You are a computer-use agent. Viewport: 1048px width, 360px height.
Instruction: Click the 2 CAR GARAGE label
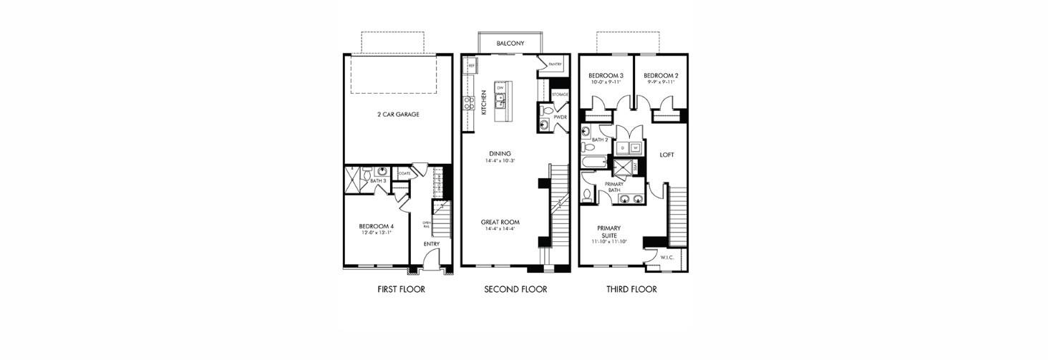398,115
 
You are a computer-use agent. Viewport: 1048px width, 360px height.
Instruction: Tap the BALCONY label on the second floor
510,44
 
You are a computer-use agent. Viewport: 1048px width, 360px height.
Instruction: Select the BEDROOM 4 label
377,226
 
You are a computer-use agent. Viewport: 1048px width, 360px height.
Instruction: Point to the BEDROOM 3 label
606,76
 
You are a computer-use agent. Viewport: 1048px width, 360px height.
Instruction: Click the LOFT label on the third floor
666,155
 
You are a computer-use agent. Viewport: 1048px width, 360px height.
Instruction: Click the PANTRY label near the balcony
555,64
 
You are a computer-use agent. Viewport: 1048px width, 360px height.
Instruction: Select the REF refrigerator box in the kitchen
472,65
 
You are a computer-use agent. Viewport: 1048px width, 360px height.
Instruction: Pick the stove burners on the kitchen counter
470,104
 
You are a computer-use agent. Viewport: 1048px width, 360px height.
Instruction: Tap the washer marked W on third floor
634,148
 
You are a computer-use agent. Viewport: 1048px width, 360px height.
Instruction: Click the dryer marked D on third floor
622,148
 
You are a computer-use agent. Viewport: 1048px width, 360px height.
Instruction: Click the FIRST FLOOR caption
401,290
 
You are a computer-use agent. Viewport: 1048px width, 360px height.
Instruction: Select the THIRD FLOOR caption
632,290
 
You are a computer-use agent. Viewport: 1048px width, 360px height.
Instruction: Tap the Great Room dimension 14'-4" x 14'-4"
500,230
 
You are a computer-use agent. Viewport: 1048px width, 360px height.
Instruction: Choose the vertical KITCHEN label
485,102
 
